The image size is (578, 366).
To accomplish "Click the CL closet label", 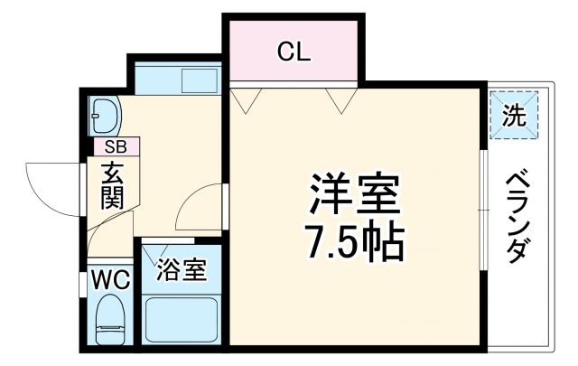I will point(294,52).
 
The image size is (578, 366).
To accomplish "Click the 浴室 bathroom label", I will point(182,268).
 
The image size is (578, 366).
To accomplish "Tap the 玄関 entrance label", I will point(113,184).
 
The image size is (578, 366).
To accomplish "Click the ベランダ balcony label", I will point(516,215).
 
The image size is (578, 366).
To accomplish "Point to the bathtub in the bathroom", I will point(182,316).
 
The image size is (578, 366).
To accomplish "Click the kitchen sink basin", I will point(200,80).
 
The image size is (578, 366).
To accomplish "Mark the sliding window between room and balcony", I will point(483,208).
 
